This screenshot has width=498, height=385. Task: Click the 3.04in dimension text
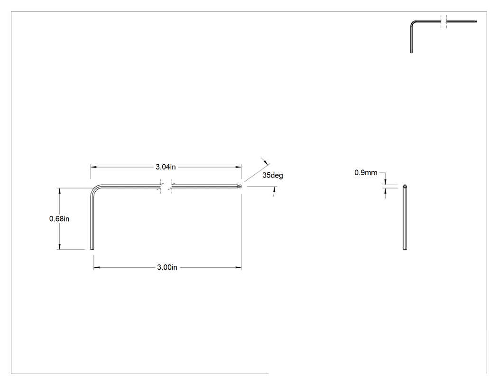click(166, 167)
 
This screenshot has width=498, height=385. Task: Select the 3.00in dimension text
click(167, 267)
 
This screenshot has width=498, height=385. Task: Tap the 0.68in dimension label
click(59, 219)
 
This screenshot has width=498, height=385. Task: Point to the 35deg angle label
click(273, 175)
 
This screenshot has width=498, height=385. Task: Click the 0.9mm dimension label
click(366, 173)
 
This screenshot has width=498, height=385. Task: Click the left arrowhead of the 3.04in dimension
click(93, 167)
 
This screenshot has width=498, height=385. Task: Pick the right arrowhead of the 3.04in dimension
click(238, 167)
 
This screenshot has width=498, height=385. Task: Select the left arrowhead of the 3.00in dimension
click(97, 267)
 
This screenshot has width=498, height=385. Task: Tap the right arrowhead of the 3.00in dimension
click(238, 267)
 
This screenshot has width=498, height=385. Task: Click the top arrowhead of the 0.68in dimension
click(59, 191)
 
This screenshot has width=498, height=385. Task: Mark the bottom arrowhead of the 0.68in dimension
click(59, 247)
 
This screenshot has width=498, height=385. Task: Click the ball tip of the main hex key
click(240, 186)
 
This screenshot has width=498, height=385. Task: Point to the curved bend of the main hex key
click(95, 189)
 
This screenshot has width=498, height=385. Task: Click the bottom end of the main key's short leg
click(92, 249)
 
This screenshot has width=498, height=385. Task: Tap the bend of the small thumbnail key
click(413, 23)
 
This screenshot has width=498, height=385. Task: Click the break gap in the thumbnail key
click(443, 21)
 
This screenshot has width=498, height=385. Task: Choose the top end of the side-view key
click(405, 186)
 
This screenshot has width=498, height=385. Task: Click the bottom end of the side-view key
click(405, 249)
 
